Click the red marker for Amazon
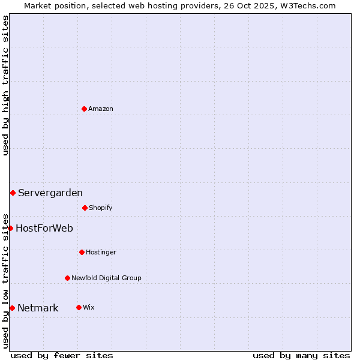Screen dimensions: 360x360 coord(84,109)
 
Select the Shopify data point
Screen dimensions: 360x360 coord(85,208)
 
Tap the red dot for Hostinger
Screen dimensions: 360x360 coord(82,252)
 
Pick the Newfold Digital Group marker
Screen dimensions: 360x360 coord(67,278)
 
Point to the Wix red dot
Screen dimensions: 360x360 coord(79,307)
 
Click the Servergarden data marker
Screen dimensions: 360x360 coord(13,193)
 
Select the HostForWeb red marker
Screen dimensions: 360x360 coord(10,228)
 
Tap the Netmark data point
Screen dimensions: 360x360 coord(12,308)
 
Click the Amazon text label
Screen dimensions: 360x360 coord(101,109)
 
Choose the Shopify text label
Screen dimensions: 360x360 coord(101,208)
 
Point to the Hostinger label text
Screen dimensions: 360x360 coord(101,252)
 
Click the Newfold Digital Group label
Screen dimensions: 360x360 coord(106,278)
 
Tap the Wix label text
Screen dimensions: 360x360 coord(89,307)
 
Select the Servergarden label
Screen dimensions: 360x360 coord(50,193)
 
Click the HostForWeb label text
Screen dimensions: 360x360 coord(44,228)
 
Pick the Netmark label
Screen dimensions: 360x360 coord(38,308)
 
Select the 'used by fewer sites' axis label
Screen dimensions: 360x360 coord(62,355)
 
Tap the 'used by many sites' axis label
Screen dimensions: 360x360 coord(301,355)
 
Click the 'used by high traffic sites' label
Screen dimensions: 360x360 coord(5,85)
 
